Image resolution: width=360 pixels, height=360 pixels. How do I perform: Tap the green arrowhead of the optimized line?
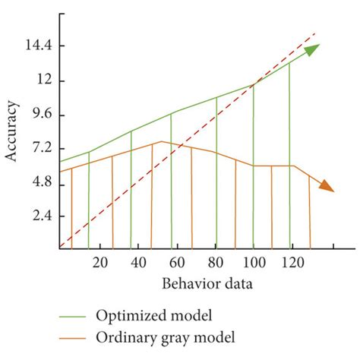(311, 49)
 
